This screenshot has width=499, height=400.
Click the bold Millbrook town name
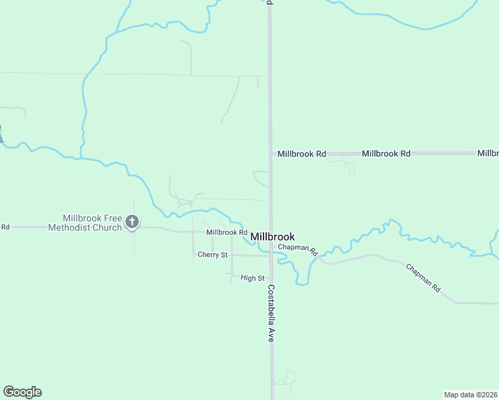[x=272, y=237]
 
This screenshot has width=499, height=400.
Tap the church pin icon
[x=132, y=221]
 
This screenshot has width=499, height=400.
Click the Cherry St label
[x=213, y=255]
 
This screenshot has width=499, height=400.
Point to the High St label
[x=253, y=278]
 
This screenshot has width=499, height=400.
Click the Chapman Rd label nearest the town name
[x=298, y=249]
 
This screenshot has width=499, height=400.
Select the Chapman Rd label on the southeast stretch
[x=424, y=278]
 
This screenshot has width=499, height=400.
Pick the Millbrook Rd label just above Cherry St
[x=227, y=232]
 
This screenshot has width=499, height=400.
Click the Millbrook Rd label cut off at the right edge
[x=488, y=153]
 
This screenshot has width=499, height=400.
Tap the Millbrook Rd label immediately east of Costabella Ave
[x=302, y=154]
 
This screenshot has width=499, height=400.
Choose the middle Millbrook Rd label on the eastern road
[x=386, y=153]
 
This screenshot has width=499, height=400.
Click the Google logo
[x=22, y=392]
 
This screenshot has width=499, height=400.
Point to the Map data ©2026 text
[x=471, y=394]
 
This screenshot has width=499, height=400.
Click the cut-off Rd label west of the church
[x=5, y=227]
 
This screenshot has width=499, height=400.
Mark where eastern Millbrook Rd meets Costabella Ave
[x=270, y=154]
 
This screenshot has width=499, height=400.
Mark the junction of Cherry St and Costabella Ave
[x=270, y=255]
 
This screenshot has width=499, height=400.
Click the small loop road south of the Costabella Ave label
[x=287, y=380]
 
